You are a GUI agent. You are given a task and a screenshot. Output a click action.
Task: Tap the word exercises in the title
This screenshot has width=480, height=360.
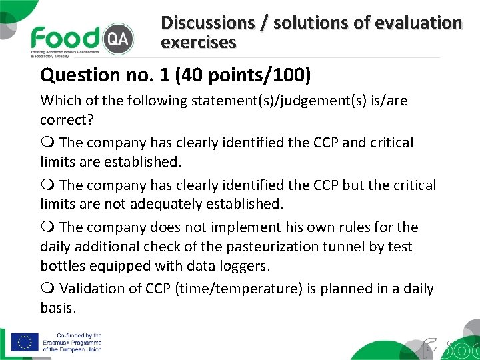(x=198, y=43)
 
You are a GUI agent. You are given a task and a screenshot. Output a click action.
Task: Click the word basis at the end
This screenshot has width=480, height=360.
(x=57, y=308)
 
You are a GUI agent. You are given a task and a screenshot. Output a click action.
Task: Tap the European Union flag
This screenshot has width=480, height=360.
(x=25, y=342)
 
